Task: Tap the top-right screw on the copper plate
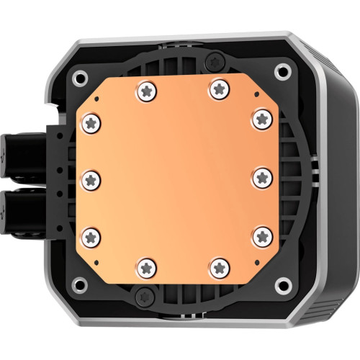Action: pos(217,89)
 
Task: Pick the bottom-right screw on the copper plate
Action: pos(217,269)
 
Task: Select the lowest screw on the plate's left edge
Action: pos(91,235)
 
